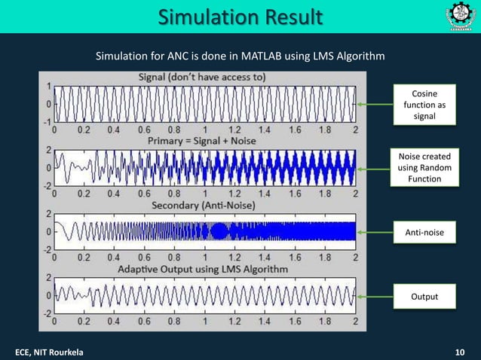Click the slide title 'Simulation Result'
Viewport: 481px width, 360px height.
click(240, 17)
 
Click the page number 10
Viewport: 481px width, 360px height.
click(460, 352)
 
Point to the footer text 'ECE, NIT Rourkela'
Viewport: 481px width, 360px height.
click(51, 352)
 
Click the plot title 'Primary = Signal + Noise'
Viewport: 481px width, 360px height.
click(203, 141)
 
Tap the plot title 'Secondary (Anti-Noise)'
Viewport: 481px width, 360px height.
click(203, 204)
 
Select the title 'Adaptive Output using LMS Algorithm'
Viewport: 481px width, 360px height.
click(203, 269)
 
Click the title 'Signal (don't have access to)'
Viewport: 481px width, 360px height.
click(203, 77)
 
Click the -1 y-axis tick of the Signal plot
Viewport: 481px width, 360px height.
click(48, 121)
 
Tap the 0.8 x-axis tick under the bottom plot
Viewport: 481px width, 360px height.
click(175, 320)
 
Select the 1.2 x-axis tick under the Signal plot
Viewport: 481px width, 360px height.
click(235, 129)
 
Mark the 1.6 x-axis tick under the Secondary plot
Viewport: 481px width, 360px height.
click(296, 257)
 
